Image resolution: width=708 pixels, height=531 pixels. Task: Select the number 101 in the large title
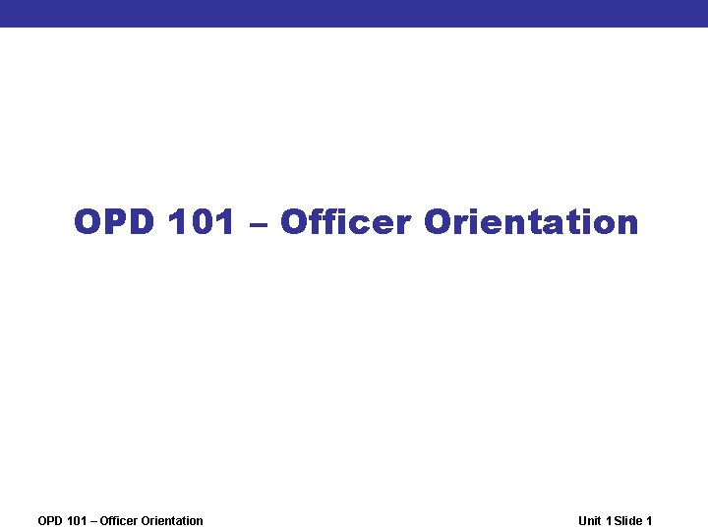(x=202, y=222)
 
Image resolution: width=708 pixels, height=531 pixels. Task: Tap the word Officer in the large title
(x=345, y=222)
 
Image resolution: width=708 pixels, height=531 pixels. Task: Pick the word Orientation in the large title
(x=531, y=222)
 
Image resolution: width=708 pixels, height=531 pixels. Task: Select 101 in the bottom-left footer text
(x=77, y=521)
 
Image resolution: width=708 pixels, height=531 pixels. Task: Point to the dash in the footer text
(x=93, y=521)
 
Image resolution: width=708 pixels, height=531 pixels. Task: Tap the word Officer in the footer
(x=118, y=521)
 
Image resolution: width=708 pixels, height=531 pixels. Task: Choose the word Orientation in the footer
(x=172, y=521)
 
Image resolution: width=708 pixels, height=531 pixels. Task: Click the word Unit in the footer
(x=590, y=521)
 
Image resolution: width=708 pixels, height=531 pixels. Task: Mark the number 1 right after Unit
(x=609, y=521)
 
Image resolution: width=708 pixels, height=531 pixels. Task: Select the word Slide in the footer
(x=628, y=521)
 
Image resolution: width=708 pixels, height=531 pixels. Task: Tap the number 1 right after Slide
(x=649, y=521)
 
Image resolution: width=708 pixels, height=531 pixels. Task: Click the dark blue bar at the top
(x=354, y=13)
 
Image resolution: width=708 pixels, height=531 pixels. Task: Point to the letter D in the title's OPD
(x=141, y=222)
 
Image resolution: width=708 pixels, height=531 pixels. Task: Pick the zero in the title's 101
(x=202, y=222)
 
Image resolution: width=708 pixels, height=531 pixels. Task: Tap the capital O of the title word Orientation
(x=438, y=222)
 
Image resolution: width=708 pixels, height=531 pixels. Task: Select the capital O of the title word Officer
(x=295, y=222)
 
